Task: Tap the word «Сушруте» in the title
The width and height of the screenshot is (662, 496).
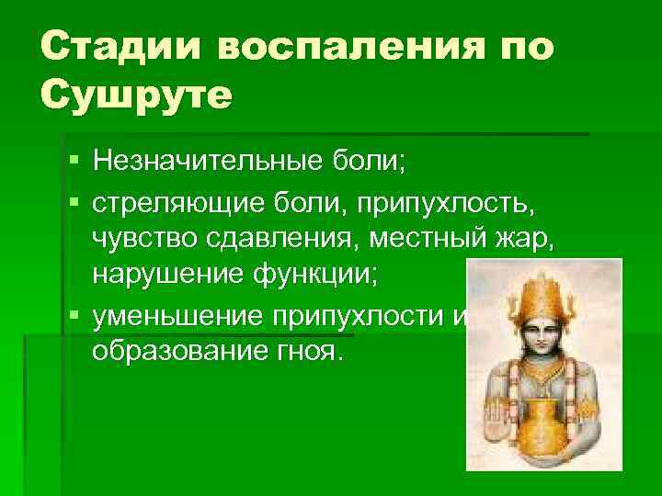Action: [x=137, y=94]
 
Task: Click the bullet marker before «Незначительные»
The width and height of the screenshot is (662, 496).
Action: [x=73, y=163]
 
